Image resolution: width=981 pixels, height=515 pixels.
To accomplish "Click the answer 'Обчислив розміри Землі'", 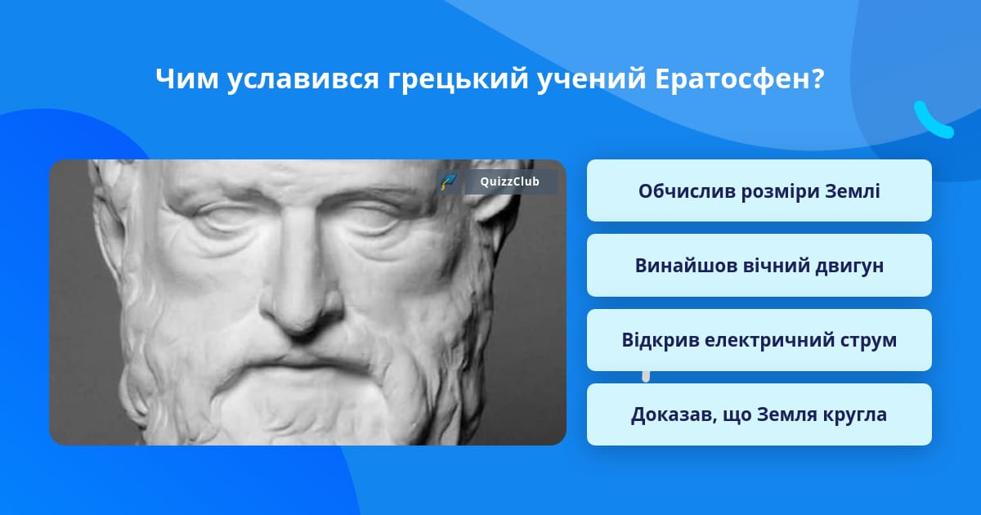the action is pos(759,190).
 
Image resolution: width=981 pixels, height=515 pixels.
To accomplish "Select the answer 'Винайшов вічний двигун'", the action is pos(759,266).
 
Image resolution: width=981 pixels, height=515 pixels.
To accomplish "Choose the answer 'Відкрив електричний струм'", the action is pos(759,340).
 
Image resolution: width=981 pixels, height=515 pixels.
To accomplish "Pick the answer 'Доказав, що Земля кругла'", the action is pos(759,414).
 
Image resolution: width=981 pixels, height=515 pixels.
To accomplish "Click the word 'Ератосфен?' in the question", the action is pos(740,79).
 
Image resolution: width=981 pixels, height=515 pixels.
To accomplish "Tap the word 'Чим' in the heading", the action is pos(187,78).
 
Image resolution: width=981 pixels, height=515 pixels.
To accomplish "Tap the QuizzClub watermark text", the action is pos(510,181).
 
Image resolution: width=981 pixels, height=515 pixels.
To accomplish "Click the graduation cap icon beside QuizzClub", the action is pos(448,181).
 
